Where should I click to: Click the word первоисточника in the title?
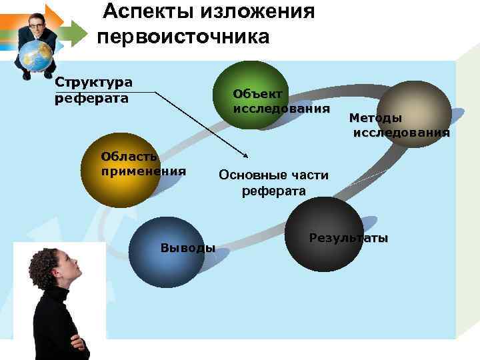coord(183,36)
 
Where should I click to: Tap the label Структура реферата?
coord(93,91)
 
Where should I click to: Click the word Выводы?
coord(187,248)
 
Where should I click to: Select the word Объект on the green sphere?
coord(257,94)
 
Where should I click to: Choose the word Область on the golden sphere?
coord(129,157)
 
